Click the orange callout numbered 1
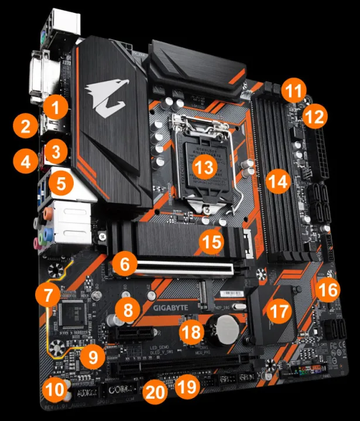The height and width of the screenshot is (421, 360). tap(56, 106)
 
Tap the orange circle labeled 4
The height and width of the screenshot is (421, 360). tap(25, 160)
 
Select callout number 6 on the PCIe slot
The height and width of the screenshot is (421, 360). tap(124, 264)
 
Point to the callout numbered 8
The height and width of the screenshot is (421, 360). tap(127, 309)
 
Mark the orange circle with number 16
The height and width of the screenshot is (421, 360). tap(328, 288)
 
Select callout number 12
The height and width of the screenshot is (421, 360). tap(316, 116)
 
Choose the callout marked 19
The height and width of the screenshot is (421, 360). tap(187, 385)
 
